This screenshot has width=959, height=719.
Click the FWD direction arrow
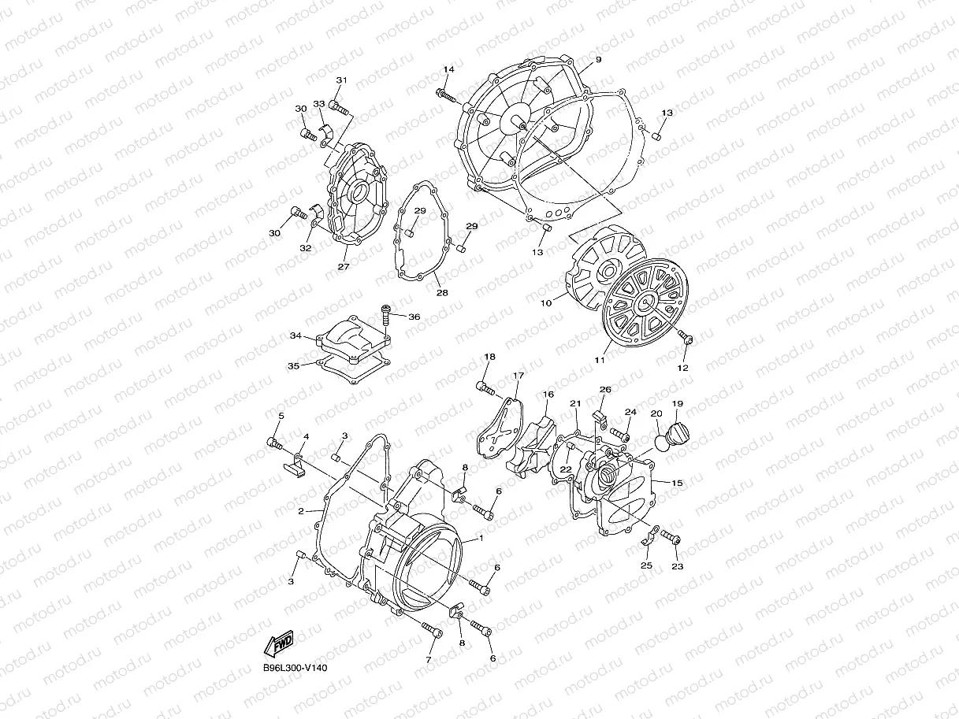coord(280,644)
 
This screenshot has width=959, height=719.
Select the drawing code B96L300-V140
coord(295,668)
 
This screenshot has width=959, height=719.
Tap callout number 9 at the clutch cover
coord(598,60)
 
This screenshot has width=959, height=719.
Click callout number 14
coord(448,70)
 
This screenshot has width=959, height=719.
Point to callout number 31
coord(341,80)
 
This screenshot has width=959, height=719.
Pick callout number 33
coord(319,104)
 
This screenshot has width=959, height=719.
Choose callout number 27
coord(343,267)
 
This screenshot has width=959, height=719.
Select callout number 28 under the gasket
coord(442,293)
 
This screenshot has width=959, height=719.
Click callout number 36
coord(414,317)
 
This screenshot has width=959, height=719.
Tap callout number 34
coord(296,336)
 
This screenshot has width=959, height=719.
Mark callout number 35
coord(293,365)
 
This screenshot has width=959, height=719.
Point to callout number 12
coord(682,368)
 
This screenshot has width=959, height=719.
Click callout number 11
coord(600,360)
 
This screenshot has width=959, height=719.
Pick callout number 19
coord(677,404)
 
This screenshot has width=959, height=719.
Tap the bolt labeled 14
coord(445,95)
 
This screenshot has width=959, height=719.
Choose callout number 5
coord(281,415)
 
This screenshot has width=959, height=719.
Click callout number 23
coord(677,565)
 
